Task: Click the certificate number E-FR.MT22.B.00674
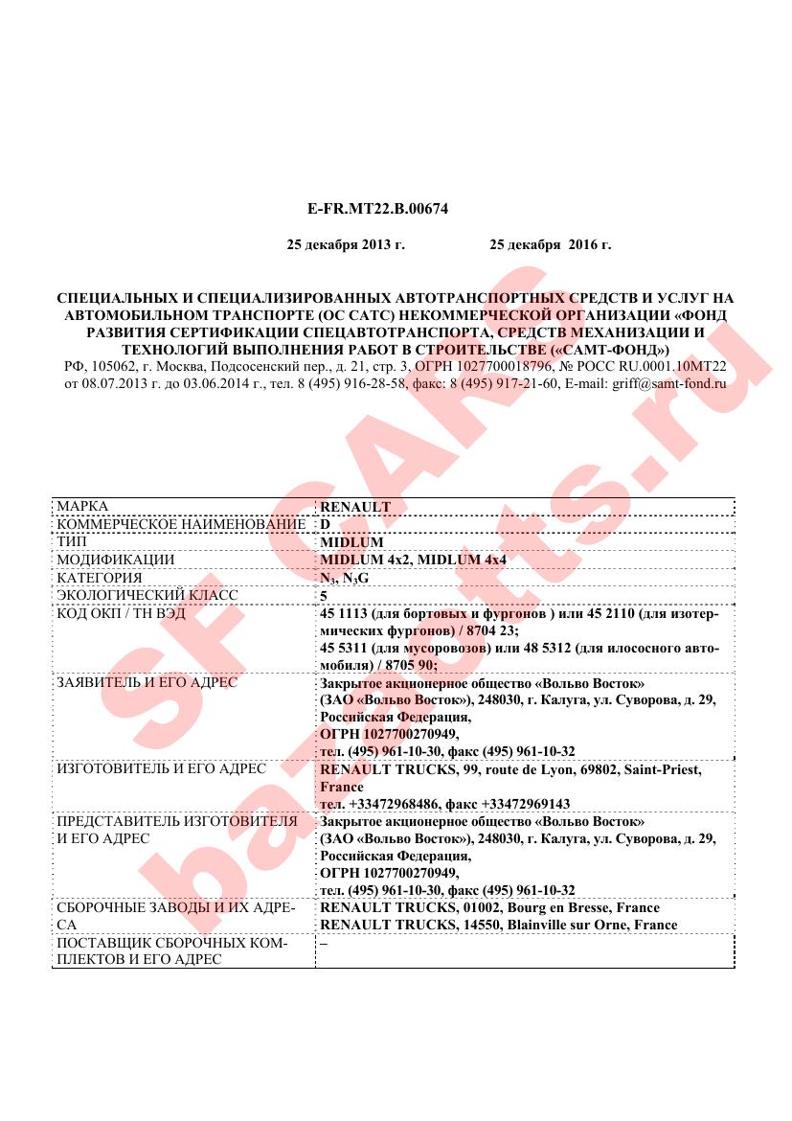tap(377, 208)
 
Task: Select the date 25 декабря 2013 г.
tap(346, 245)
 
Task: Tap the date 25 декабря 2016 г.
tap(550, 245)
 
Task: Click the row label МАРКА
tap(82, 506)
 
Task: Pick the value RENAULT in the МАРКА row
tap(355, 507)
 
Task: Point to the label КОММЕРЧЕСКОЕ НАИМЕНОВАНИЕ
tap(181, 524)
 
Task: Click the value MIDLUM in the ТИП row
tap(351, 542)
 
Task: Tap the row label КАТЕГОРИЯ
tap(100, 578)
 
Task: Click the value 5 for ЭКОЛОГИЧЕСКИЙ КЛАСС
tap(324, 596)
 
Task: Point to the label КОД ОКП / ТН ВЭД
tap(122, 613)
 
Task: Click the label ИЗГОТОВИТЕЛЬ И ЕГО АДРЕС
tap(159, 768)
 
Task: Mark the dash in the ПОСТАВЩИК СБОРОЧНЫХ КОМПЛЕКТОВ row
tap(324, 942)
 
